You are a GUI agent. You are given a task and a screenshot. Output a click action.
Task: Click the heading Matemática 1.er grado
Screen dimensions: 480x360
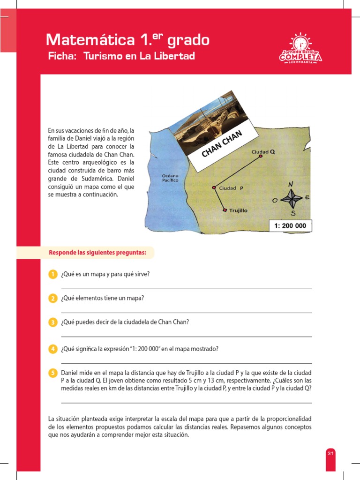[x=127, y=40]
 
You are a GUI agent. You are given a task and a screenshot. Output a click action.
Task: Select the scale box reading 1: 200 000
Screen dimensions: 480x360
[x=290, y=226]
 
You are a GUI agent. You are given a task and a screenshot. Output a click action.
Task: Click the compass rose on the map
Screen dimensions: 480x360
[x=292, y=199]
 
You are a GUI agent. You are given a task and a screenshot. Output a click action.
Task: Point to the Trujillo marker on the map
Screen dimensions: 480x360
[x=225, y=210]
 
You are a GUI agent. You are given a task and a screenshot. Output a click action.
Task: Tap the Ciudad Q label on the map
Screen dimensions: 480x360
[x=263, y=152]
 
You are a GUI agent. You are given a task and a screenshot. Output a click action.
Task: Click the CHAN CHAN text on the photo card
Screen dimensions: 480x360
[x=222, y=144]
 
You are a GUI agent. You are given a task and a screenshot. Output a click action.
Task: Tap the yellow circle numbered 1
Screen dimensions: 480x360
[x=53, y=274]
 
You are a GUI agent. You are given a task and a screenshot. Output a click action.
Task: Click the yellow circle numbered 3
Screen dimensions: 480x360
[x=53, y=322]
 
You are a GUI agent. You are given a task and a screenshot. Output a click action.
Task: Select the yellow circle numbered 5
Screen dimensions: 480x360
[x=53, y=373]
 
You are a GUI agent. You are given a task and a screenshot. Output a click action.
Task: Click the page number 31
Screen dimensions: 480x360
[x=330, y=453]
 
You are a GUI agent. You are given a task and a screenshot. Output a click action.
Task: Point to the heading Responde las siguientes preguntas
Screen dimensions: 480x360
[x=97, y=253]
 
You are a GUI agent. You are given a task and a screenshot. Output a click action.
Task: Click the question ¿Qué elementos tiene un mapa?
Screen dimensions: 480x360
[x=102, y=298]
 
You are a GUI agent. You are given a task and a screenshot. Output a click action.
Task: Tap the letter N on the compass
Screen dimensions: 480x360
[x=291, y=184]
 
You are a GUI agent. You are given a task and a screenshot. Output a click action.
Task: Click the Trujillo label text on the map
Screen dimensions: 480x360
[x=238, y=211]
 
